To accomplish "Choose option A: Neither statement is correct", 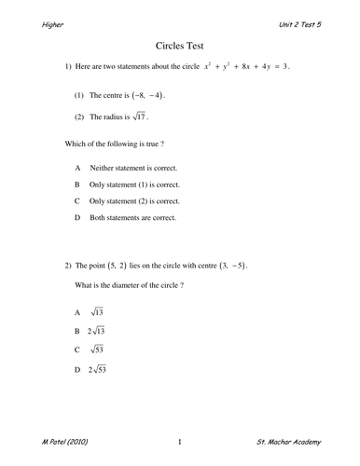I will click(x=132, y=168).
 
